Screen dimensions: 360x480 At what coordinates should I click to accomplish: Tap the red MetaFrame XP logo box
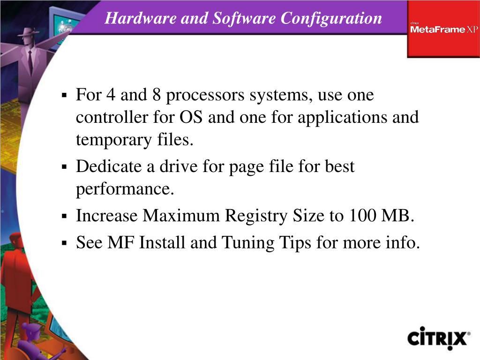point(443,29)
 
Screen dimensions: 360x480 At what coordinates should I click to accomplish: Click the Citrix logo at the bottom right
point(438,337)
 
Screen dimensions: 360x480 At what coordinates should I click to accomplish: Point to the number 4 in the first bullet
point(111,95)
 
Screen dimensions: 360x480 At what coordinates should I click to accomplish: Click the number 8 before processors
point(157,95)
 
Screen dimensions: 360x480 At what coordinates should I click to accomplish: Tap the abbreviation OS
point(191,117)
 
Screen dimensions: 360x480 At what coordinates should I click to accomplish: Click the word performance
point(125,189)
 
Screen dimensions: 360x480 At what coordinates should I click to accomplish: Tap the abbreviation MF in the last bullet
point(121,243)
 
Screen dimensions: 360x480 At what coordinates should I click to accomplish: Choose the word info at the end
point(403,243)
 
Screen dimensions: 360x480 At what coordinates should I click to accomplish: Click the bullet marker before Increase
point(65,217)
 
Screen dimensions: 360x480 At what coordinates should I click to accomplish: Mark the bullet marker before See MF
point(65,243)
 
